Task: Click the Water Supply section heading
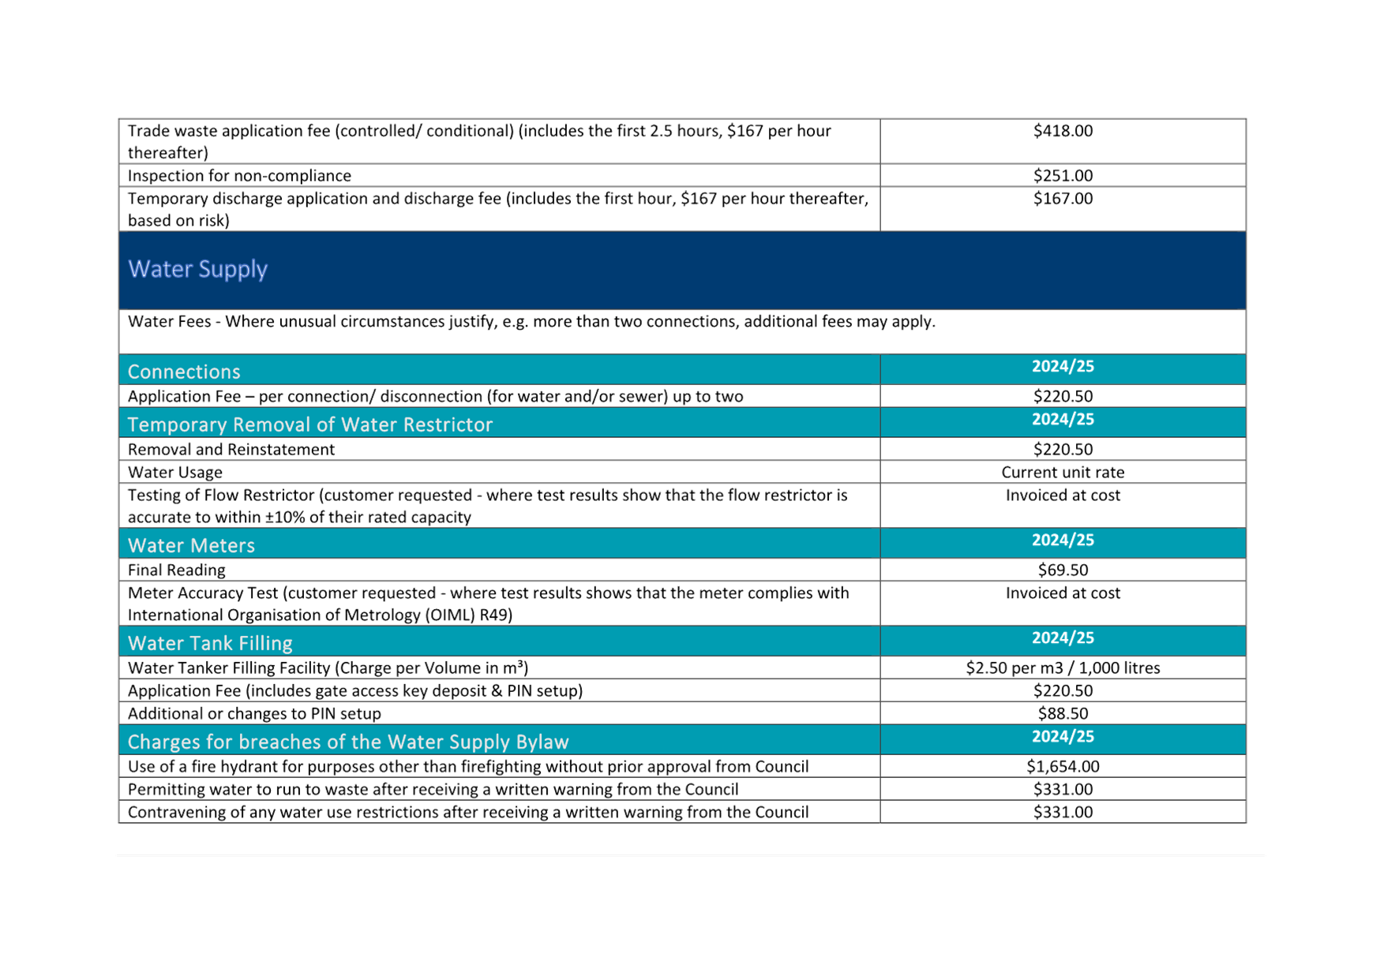point(197,269)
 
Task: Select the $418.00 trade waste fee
point(1063,131)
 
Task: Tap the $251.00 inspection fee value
point(1063,175)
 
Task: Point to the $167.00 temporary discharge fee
point(1063,198)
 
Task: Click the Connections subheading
point(184,372)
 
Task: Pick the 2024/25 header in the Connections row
point(1063,366)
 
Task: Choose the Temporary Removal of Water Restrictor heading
point(310,424)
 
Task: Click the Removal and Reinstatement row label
point(231,449)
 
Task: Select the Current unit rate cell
point(1063,472)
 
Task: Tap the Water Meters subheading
point(191,545)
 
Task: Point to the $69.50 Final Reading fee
point(1063,570)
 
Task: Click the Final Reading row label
point(176,570)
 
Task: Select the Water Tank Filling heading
point(210,643)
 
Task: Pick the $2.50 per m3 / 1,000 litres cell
point(1063,667)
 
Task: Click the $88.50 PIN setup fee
point(1063,713)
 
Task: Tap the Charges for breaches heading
point(348,742)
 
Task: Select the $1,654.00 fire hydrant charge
point(1063,766)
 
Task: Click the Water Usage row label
point(175,472)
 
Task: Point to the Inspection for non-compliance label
point(239,175)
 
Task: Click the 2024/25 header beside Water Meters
point(1063,540)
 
